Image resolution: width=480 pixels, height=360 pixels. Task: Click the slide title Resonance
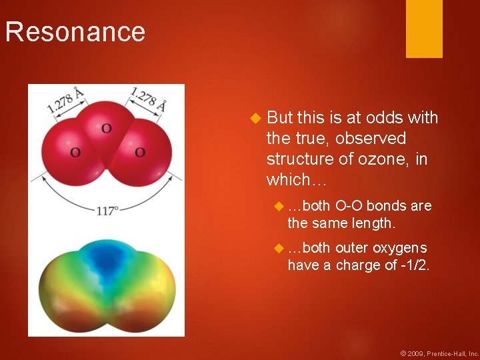[75, 32]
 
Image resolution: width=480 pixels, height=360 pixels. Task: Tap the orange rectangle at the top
[424, 29]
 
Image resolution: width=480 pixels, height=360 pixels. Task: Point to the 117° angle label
[107, 211]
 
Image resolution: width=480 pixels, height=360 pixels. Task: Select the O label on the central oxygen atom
[106, 127]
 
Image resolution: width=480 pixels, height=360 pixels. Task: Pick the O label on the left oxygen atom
[75, 153]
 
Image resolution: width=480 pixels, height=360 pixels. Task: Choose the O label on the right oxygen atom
[140, 153]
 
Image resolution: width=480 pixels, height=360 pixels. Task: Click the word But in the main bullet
[279, 118]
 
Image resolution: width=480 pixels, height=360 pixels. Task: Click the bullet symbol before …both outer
[279, 248]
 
